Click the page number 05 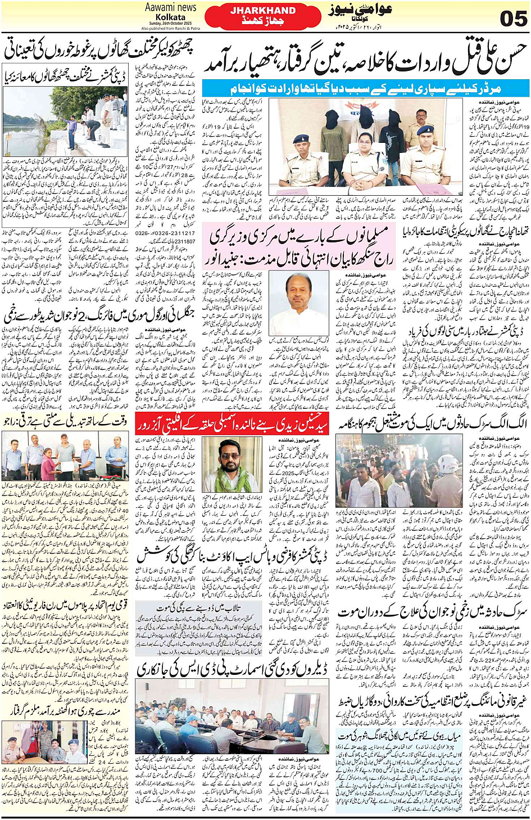click(512, 18)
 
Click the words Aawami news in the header click(170, 7)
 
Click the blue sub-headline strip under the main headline click(365, 88)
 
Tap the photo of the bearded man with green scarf click(232, 465)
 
